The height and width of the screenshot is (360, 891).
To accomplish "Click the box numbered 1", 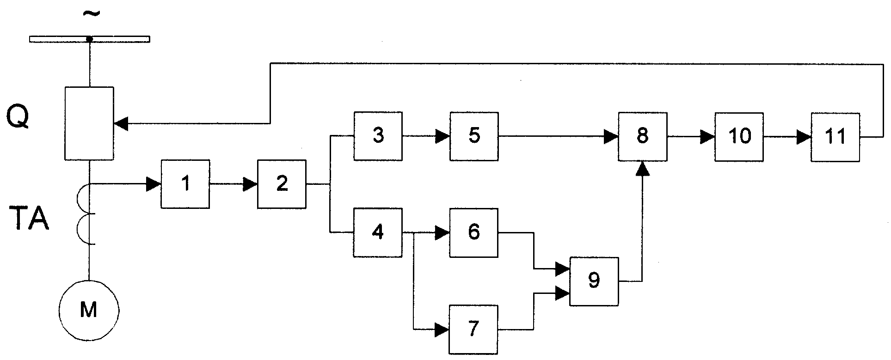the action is [x=185, y=184].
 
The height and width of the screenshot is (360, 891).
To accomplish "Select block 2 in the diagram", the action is [x=282, y=184].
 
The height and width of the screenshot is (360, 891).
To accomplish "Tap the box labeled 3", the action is [x=378, y=136].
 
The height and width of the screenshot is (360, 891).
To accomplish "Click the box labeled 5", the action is [x=474, y=136].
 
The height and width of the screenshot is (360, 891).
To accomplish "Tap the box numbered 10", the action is [x=739, y=136].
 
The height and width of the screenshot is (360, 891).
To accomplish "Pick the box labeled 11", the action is [x=836, y=136].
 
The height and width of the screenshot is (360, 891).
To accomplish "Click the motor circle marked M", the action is [x=89, y=309].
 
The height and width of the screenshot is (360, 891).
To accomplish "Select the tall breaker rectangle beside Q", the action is [x=89, y=123].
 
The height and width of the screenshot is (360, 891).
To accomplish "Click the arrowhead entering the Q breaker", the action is [x=121, y=123].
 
